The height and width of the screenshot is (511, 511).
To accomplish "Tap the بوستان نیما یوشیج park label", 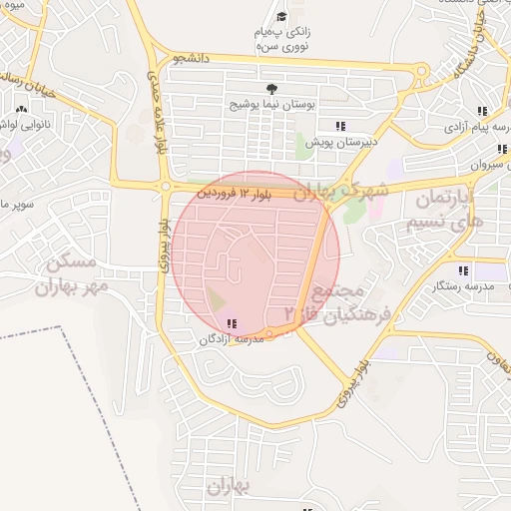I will (272, 104).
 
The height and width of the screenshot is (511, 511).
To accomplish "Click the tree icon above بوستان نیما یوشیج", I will (272, 88).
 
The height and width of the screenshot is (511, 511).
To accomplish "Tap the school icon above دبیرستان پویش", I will (340, 126).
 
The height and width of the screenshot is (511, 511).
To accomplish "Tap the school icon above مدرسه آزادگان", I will (232, 323).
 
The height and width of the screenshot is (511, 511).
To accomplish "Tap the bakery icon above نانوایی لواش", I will (21, 107).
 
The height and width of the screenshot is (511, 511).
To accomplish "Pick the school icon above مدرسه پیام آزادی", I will (482, 111).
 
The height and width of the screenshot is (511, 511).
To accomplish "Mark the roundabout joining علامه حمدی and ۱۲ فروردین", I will (164, 186).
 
